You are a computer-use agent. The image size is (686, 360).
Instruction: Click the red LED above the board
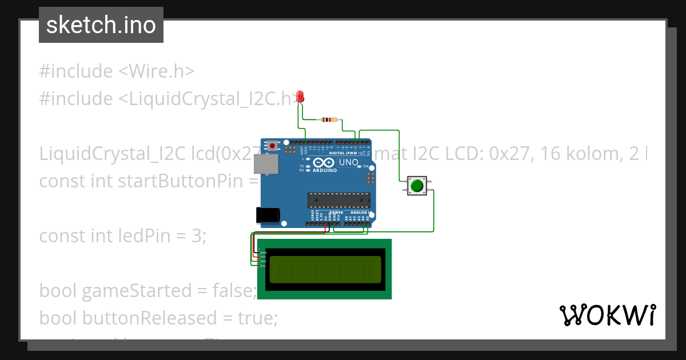[x=300, y=97]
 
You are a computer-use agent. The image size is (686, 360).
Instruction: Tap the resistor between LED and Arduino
[x=329, y=119]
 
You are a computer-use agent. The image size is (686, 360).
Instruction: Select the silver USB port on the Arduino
[x=267, y=165]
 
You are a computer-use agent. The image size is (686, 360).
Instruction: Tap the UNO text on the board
[x=349, y=162]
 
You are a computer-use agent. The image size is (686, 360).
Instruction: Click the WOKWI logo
[x=607, y=315]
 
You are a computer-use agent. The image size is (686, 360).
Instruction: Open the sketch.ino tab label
[x=101, y=25]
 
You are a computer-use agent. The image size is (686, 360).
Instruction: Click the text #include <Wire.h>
[x=117, y=71]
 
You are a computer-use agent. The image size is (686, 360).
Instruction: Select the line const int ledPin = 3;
[x=122, y=235]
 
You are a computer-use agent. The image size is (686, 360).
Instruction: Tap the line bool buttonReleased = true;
[x=158, y=318]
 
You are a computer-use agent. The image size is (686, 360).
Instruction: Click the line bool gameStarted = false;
[x=147, y=291]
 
